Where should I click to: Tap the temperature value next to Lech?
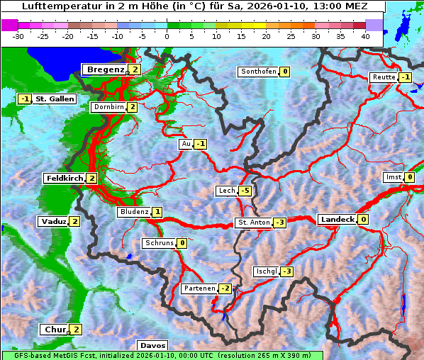245,191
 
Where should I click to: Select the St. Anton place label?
253,223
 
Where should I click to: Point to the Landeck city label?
337,220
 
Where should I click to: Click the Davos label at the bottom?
152,345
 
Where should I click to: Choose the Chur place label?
55,330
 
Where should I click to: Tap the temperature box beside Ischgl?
287,271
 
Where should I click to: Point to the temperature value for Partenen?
225,288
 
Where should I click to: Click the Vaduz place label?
54,222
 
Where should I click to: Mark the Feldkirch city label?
64,179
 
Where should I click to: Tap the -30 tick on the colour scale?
18,36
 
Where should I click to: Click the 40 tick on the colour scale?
365,36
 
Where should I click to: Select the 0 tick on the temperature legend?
167,36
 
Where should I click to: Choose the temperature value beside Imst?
410,177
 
